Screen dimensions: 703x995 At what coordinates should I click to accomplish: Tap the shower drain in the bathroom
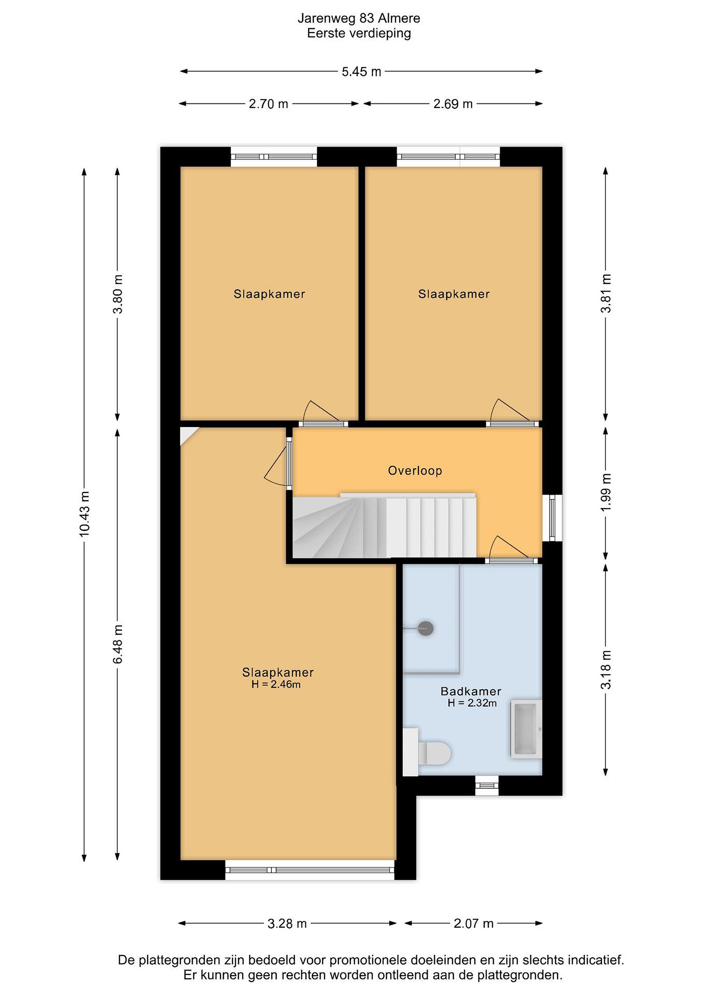tap(426, 628)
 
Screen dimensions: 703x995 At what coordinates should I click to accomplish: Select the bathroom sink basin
tap(526, 729)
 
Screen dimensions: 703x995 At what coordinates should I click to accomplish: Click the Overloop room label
tap(415, 471)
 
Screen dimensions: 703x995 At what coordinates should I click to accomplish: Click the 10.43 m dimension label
tap(85, 514)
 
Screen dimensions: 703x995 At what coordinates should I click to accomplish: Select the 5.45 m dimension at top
tap(361, 72)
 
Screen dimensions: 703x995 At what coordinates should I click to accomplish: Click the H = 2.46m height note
tap(276, 685)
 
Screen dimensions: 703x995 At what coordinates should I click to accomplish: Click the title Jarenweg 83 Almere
tap(359, 18)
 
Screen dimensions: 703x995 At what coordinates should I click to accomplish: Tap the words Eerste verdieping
tap(359, 34)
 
